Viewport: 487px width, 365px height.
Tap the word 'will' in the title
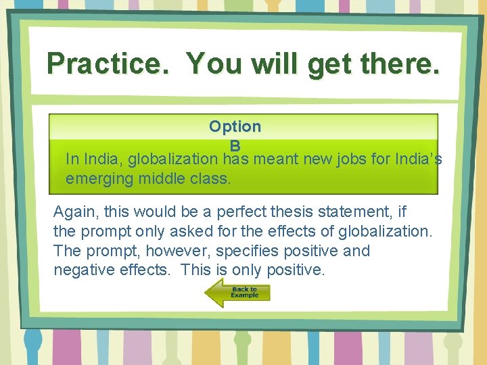[x=275, y=64]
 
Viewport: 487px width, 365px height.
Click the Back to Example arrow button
[x=237, y=293]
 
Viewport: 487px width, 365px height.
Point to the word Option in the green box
[x=235, y=126]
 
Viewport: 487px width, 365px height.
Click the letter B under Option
[x=235, y=145]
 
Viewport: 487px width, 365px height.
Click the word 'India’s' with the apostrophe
[x=419, y=160]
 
